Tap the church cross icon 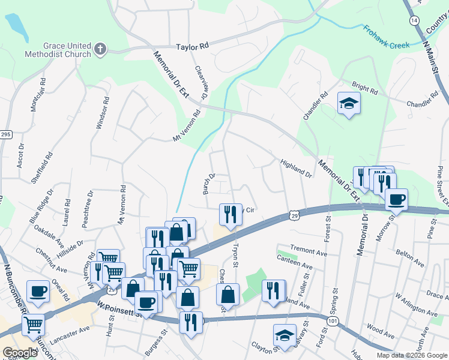click(x=100, y=49)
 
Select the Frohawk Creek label click(x=387, y=37)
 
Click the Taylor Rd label click(x=192, y=46)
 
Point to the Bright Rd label click(x=365, y=90)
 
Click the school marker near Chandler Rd click(x=348, y=104)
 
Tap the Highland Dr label click(x=297, y=168)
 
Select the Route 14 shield click(x=414, y=20)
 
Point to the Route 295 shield click(x=5, y=134)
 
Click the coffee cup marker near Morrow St click(x=396, y=200)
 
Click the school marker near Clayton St click(x=285, y=336)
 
